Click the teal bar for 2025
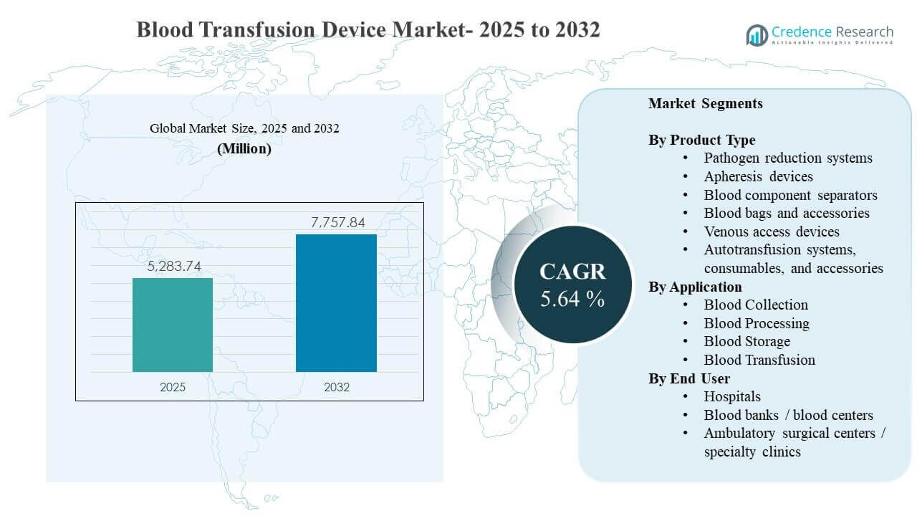pyautogui.click(x=173, y=325)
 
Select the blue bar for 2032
pyautogui.click(x=336, y=302)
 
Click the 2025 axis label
pyautogui.click(x=173, y=387)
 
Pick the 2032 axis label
pyautogui.click(x=336, y=387)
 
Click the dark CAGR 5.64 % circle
pyautogui.click(x=572, y=285)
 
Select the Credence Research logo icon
pyautogui.click(x=757, y=34)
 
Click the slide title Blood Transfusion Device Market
pyautogui.click(x=368, y=30)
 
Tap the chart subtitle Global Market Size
pyautogui.click(x=244, y=128)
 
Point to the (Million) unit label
pyautogui.click(x=244, y=149)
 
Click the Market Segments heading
pyautogui.click(x=706, y=103)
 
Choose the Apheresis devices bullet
pyautogui.click(x=758, y=176)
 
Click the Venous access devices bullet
pyautogui.click(x=772, y=231)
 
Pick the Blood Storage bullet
pyautogui.click(x=746, y=341)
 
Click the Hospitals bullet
pyautogui.click(x=732, y=396)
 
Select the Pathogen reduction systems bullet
pyautogui.click(x=788, y=158)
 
